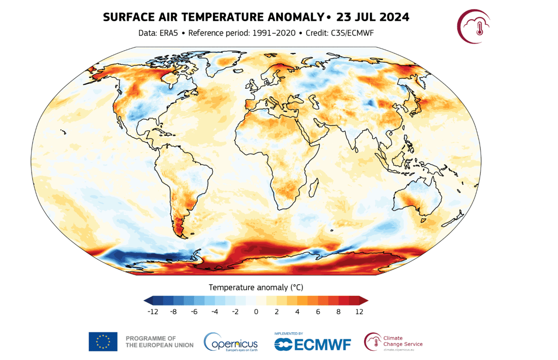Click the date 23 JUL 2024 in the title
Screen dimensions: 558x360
pyautogui.click(x=373, y=17)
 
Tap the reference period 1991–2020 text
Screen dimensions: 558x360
pyautogui.click(x=274, y=33)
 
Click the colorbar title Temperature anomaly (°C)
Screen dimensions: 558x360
pyautogui.click(x=256, y=288)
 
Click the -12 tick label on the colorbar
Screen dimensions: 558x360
pyautogui.click(x=153, y=312)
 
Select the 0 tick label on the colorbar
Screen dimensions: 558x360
pyautogui.click(x=256, y=312)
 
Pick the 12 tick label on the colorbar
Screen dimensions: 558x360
pyautogui.click(x=359, y=312)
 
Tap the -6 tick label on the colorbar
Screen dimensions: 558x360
pyautogui.click(x=194, y=312)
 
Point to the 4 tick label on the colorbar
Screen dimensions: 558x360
pyautogui.click(x=297, y=312)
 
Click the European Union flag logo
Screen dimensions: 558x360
pyautogui.click(x=103, y=341)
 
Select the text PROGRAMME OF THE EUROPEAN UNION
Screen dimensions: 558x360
pyautogui.click(x=160, y=341)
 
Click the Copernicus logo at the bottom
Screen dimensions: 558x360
pyautogui.click(x=231, y=342)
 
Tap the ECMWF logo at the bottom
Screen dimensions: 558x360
pyautogui.click(x=312, y=343)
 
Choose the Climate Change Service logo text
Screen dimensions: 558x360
pyautogui.click(x=403, y=341)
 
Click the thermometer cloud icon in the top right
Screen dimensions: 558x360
pyautogui.click(x=474, y=26)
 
